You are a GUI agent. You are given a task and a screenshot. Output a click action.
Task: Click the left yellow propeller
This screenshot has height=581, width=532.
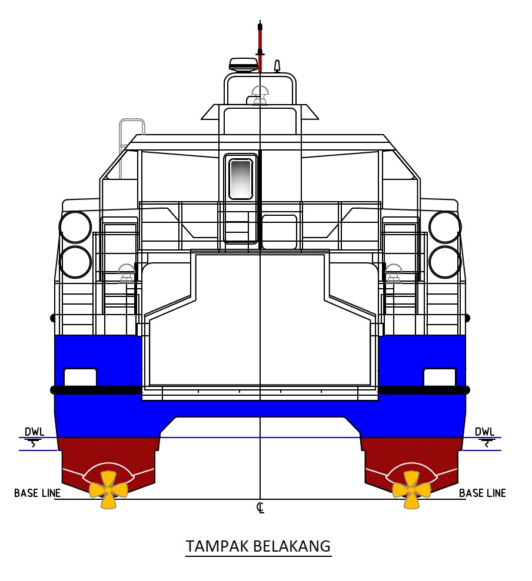coord(108,489)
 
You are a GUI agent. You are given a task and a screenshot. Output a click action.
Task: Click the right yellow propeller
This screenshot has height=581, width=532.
coord(411,489)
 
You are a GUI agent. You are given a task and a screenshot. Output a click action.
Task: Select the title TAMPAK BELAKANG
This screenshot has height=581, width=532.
coord(258,546)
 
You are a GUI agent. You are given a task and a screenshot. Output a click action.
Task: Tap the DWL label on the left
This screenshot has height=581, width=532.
coord(35,432)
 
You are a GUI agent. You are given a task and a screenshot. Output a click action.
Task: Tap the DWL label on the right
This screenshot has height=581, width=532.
coord(484,432)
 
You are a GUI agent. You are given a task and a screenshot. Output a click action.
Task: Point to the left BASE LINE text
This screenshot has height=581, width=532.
coord(38,493)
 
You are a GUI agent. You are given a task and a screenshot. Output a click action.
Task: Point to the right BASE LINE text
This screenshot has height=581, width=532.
coord(483,493)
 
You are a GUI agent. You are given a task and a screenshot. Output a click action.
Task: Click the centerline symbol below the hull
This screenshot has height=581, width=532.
coord(260,508)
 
